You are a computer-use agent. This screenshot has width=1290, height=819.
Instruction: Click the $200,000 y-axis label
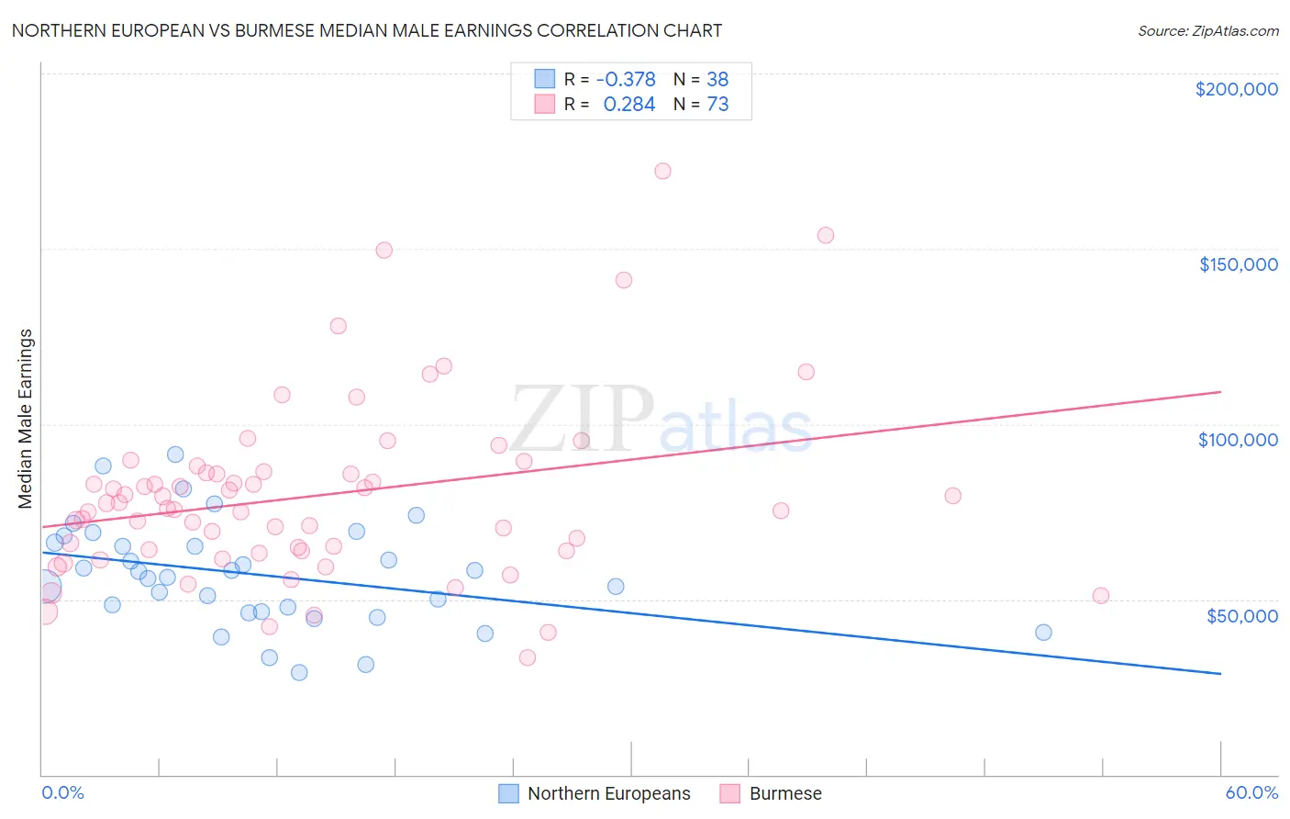[x=1236, y=89]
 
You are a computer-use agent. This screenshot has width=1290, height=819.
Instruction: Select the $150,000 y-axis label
[x=1238, y=264]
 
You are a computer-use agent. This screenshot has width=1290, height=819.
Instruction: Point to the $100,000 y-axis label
[x=1238, y=440]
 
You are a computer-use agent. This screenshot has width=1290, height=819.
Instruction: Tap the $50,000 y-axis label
[x=1241, y=616]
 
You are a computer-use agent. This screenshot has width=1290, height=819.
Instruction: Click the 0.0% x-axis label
[x=62, y=792]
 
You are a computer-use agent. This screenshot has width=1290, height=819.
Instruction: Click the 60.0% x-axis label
[x=1251, y=792]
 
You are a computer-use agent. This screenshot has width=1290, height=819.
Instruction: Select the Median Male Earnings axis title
[x=26, y=419]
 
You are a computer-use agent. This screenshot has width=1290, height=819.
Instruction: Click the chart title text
[x=367, y=30]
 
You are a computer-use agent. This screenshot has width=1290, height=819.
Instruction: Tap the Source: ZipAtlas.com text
[x=1207, y=30]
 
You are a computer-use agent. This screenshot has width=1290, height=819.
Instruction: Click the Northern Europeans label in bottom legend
[x=608, y=793]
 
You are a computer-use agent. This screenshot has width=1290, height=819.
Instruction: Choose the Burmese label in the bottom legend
[x=785, y=793]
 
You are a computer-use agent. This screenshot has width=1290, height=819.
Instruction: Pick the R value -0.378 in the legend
[x=626, y=79]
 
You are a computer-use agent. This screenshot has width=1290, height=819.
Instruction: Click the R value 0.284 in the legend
[x=629, y=105]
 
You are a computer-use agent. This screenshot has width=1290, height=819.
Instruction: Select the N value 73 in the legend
[x=717, y=105]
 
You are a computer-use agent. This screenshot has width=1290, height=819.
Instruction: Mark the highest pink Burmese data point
[x=662, y=171]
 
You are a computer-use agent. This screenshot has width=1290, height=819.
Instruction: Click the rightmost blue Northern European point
[x=1043, y=632]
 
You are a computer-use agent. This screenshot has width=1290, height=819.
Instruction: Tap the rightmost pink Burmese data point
[x=1101, y=595]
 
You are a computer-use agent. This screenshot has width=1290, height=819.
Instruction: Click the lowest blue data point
[x=299, y=672]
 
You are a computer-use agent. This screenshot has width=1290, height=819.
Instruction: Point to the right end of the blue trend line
[x=1220, y=674]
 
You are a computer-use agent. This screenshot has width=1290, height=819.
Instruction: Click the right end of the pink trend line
[x=1220, y=392]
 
